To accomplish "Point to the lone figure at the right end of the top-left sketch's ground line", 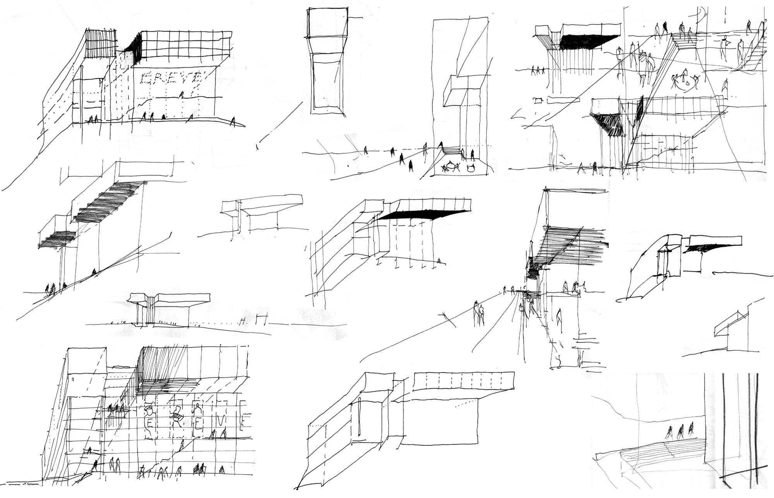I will point(233,122).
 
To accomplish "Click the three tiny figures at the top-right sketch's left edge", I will point(538,70).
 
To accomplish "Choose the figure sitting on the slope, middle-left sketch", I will point(94,272).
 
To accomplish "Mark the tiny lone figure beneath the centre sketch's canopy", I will point(438,261).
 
